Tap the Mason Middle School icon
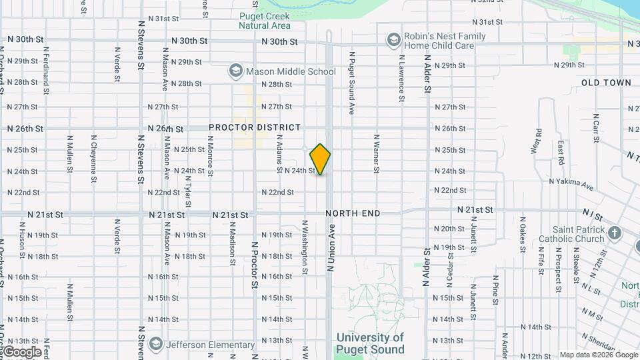click(x=235, y=71)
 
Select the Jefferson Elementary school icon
click(x=156, y=345)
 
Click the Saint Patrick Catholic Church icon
click(x=614, y=233)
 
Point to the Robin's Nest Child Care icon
click(x=393, y=40)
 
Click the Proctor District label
click(x=255, y=127)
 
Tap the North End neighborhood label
click(x=353, y=213)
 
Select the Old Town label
click(x=605, y=83)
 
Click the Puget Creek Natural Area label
click(x=265, y=21)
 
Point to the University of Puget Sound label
click(x=370, y=343)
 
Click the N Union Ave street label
click(x=329, y=247)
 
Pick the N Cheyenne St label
click(x=94, y=154)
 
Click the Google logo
click(x=22, y=352)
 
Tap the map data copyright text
click(x=598, y=355)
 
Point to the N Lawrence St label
click(x=402, y=78)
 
